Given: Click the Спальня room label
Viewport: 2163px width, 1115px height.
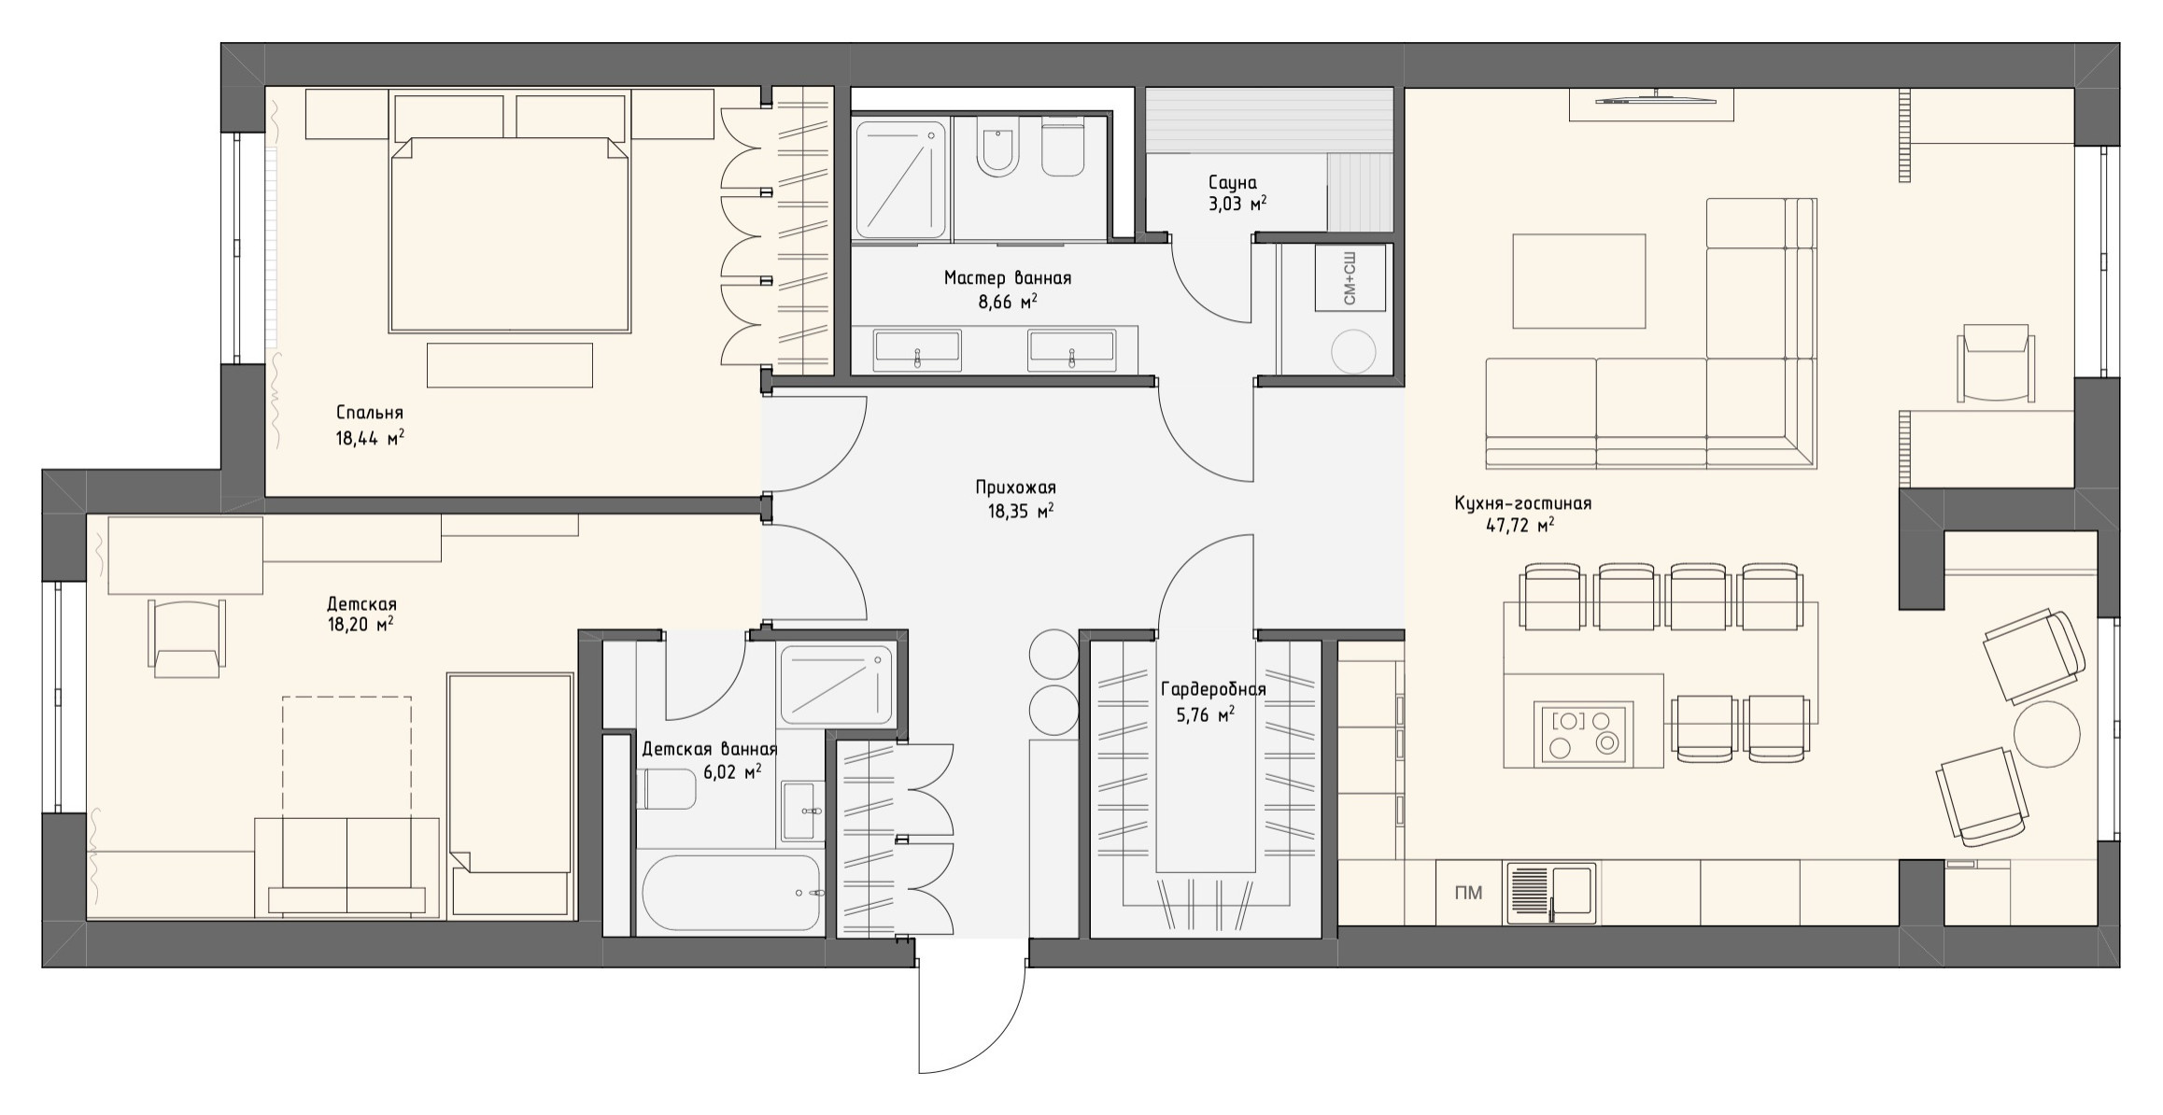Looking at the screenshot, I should (369, 413).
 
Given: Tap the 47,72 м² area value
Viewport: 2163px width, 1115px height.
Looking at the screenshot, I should (1520, 526).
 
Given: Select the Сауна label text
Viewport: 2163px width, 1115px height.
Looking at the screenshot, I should (1232, 182).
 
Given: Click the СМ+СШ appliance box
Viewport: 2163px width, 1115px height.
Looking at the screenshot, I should (1350, 277).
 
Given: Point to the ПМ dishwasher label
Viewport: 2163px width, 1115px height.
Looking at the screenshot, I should (1468, 894).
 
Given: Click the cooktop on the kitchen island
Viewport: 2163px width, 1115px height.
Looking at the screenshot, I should (1584, 733).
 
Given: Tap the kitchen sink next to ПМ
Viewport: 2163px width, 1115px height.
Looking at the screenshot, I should (1550, 894).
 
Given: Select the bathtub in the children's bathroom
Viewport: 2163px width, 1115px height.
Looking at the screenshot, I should (730, 893).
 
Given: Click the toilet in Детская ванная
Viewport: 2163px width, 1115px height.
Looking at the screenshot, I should (667, 789).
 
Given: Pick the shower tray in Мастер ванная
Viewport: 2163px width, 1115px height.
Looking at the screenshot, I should (900, 178).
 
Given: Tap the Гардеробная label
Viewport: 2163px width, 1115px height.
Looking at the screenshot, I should (1212, 690).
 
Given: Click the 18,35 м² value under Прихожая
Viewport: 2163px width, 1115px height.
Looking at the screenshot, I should (1021, 512).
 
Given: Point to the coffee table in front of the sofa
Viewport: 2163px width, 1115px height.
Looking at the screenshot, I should (1578, 281).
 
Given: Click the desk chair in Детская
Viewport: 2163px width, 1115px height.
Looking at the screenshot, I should (188, 637).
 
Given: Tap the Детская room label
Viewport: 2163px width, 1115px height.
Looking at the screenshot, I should (361, 604).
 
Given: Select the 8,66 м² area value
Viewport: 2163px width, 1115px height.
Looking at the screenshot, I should (1008, 303).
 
